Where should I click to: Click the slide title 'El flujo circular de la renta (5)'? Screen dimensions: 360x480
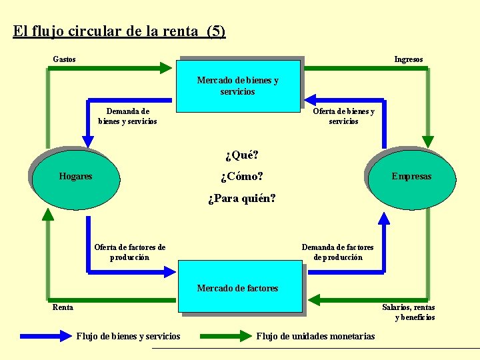[x=119, y=31]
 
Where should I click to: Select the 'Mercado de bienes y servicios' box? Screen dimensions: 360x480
[x=238, y=85]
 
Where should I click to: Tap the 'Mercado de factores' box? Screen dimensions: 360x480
[x=238, y=288]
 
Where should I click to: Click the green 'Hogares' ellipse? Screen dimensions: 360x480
[x=75, y=177]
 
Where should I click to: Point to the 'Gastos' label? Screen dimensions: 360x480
[x=64, y=59]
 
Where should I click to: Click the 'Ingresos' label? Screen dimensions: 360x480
[x=408, y=59]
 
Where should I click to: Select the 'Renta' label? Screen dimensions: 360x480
[x=63, y=307]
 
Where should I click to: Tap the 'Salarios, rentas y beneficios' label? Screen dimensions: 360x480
[x=408, y=312]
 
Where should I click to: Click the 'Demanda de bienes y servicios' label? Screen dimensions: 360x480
[x=127, y=116]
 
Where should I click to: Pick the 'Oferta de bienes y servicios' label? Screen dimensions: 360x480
[x=343, y=116]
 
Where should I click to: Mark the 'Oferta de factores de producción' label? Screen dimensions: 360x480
[x=129, y=252]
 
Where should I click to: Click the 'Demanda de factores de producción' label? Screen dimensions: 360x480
[x=337, y=252]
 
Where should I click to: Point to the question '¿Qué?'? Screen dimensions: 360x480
[x=241, y=155]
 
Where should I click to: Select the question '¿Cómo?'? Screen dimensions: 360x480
[x=241, y=177]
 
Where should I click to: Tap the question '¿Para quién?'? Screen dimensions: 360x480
[x=241, y=199]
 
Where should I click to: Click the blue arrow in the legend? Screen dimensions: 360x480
[x=45, y=336]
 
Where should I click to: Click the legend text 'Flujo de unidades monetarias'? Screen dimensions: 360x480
[x=315, y=336]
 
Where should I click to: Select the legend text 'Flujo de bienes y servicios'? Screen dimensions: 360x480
[x=128, y=336]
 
